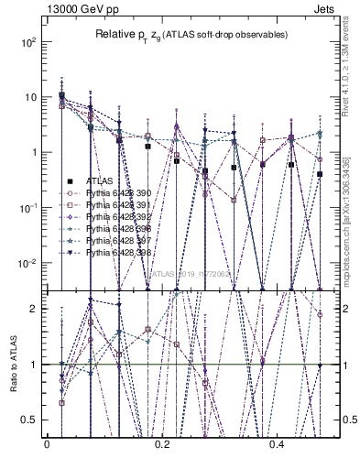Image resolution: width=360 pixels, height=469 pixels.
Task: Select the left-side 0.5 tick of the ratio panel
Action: [31, 420]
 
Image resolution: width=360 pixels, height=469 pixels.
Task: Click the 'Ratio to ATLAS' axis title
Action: [13, 365]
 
